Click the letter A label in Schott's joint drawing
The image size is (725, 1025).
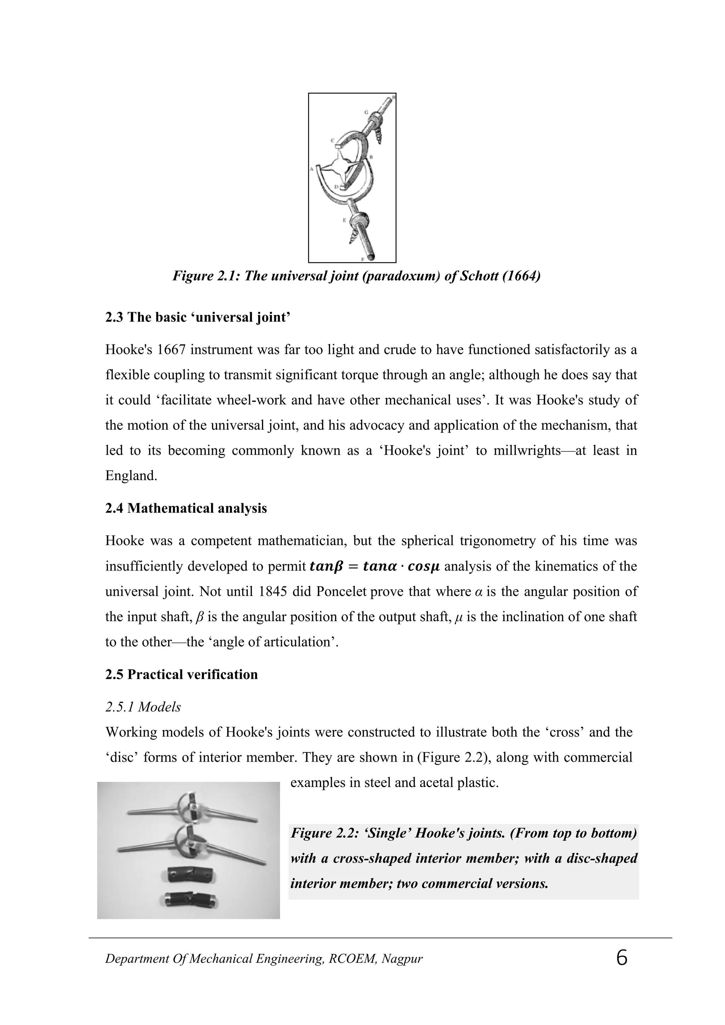[x=311, y=169]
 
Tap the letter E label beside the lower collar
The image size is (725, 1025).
[x=344, y=220]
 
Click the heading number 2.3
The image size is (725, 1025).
[x=114, y=317]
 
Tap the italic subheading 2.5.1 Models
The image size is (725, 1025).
[x=143, y=707]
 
